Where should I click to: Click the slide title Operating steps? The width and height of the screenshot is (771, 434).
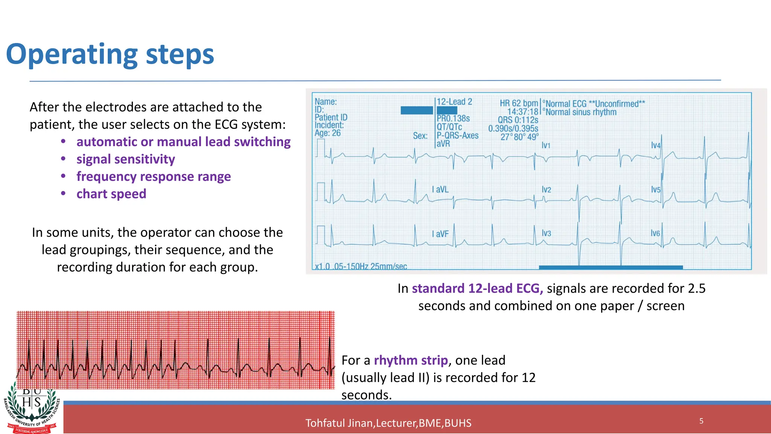click(x=110, y=55)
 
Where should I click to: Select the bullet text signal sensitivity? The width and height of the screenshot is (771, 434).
click(x=125, y=159)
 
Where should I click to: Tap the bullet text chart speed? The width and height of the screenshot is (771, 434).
click(x=111, y=194)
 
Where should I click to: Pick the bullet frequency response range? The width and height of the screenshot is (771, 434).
click(x=153, y=176)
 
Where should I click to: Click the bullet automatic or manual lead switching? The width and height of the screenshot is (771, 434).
click(x=183, y=142)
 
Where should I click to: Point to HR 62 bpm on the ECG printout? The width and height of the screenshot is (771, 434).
click(x=518, y=103)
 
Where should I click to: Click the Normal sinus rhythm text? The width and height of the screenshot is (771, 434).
click(x=581, y=112)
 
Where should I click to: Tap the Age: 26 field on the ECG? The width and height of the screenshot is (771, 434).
click(x=328, y=133)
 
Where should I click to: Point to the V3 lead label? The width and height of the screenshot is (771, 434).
click(x=546, y=234)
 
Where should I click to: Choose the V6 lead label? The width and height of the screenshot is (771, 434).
click(x=655, y=234)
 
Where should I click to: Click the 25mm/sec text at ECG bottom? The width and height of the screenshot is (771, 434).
click(x=389, y=266)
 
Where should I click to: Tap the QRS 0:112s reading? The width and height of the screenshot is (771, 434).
click(x=518, y=120)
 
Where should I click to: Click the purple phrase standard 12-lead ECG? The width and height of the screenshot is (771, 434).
click(x=477, y=288)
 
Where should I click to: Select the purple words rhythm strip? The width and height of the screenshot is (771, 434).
click(x=411, y=360)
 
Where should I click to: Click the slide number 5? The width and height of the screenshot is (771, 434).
click(x=701, y=421)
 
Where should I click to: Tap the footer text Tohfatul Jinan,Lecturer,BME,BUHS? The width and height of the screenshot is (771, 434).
click(x=388, y=423)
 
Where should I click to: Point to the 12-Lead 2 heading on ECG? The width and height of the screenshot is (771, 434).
click(x=454, y=102)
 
